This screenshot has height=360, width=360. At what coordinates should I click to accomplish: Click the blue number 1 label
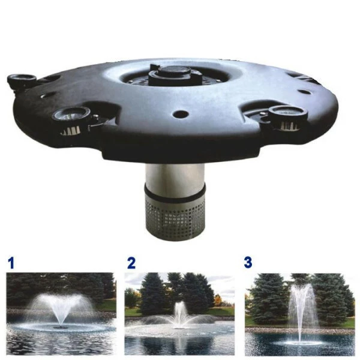11,262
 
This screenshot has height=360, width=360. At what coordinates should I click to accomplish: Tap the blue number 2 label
131,262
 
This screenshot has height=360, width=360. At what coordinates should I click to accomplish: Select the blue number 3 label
248,262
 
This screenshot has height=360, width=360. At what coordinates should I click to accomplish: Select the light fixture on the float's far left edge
22,80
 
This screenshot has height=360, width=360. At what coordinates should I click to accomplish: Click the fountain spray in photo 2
179,313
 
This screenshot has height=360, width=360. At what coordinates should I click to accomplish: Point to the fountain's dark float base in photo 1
60,327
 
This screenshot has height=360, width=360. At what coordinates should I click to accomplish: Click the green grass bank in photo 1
106,305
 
